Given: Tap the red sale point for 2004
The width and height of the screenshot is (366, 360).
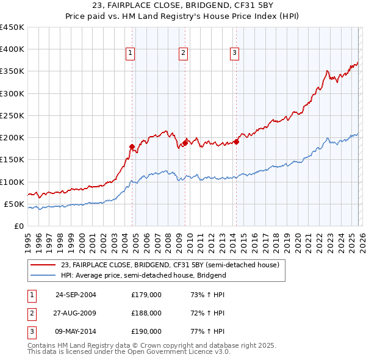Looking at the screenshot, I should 132,146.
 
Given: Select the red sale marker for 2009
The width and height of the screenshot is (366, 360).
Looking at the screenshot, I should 185,142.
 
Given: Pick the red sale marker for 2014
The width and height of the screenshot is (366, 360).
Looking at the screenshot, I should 235,142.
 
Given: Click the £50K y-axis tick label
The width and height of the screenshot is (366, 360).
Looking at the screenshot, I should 14,204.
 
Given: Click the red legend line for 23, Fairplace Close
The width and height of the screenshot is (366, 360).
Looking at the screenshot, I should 43,265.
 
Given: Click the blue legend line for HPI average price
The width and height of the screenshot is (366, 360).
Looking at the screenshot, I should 43,275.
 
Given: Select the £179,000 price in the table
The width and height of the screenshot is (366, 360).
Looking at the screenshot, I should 146,295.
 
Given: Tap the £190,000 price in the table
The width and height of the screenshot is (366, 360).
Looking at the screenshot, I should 146,331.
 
